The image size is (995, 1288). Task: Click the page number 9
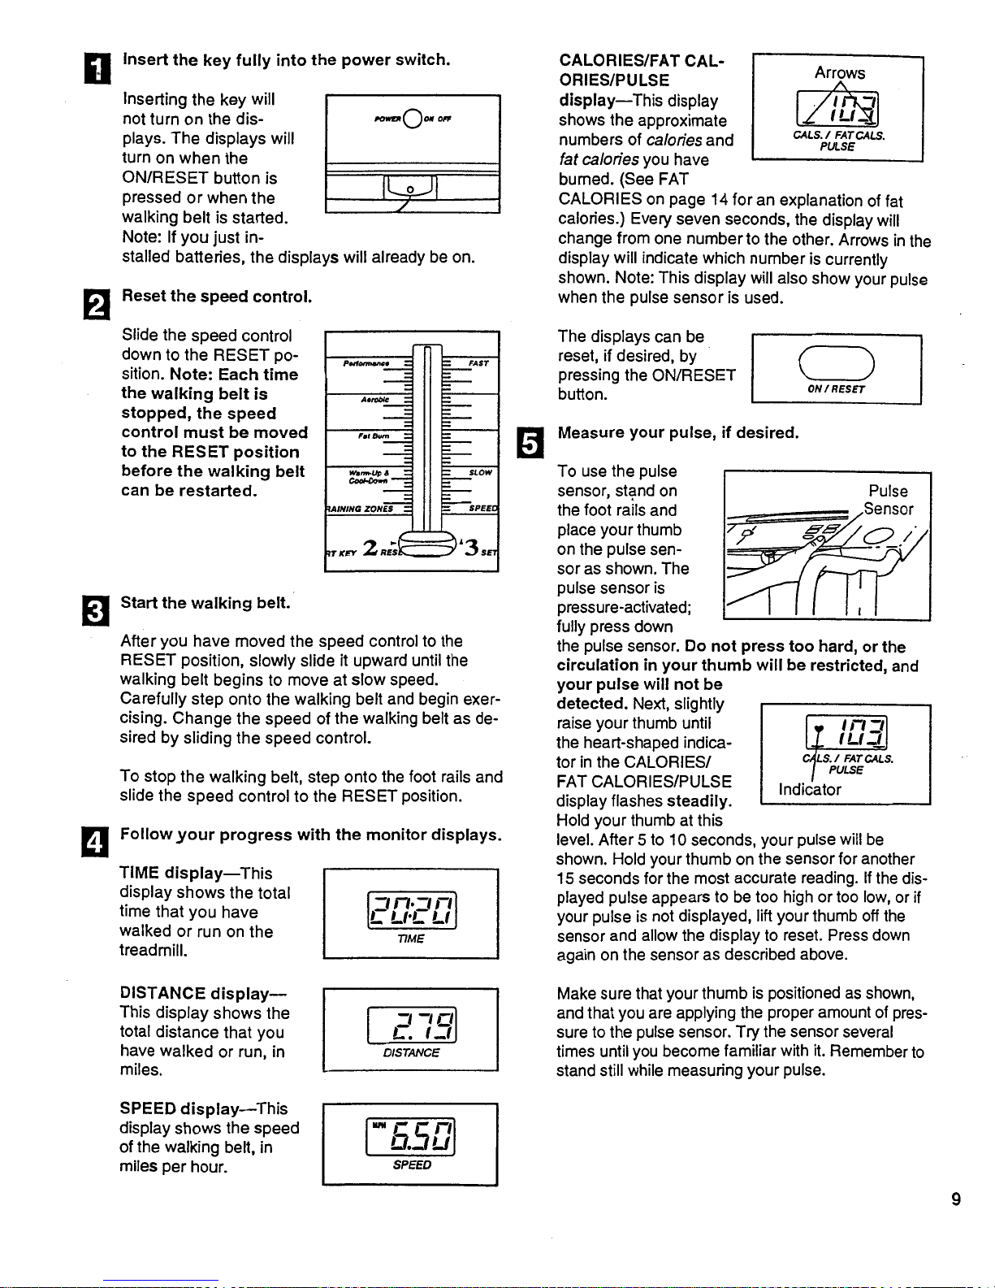coord(956,1199)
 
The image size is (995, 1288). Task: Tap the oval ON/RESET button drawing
coord(836,362)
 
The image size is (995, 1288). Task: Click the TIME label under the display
coord(411,939)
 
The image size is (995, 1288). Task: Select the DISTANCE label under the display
coord(411,1052)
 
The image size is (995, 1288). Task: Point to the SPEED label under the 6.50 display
coord(412,1164)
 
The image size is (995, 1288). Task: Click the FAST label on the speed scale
coord(478,363)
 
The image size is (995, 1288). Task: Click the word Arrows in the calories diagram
coord(840,72)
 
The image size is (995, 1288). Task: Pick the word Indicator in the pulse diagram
coord(810,789)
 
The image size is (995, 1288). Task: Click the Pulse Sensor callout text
coord(889,500)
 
